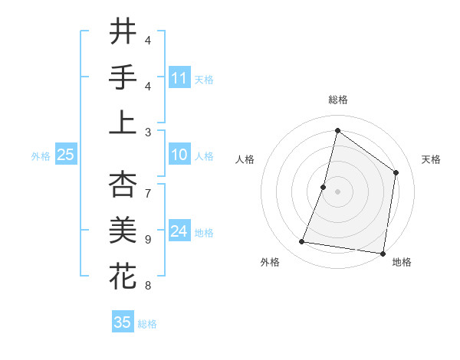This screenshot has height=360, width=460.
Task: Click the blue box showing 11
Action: [179, 77]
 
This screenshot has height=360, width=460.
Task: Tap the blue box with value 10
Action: [179, 155]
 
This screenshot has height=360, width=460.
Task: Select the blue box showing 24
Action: [179, 231]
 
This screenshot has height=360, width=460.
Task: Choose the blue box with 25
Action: [66, 155]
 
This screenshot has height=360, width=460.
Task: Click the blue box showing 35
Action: [123, 322]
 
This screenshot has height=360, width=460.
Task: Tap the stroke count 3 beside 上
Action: [148, 132]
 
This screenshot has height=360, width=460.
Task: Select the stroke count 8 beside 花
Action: [148, 286]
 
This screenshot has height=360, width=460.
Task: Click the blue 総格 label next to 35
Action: [147, 324]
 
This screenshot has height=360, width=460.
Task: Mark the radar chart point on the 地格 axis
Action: [382, 253]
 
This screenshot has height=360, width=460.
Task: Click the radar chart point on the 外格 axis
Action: [302, 242]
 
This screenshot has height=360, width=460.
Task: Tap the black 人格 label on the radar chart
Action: [245, 159]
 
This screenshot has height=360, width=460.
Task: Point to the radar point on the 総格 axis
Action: [337, 130]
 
